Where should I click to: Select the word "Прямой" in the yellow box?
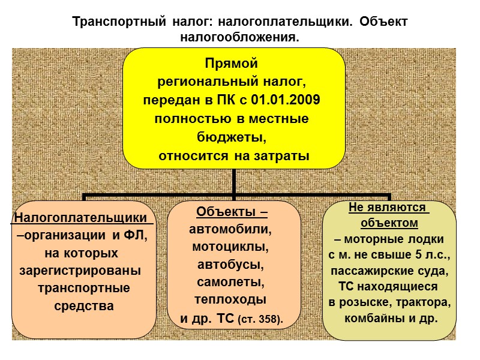point(231,62)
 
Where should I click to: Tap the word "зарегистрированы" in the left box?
point(80,270)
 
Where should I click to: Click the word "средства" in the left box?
point(84,306)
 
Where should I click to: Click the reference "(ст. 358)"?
point(260,318)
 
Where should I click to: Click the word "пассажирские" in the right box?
point(367,270)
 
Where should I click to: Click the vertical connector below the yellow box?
point(234,182)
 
